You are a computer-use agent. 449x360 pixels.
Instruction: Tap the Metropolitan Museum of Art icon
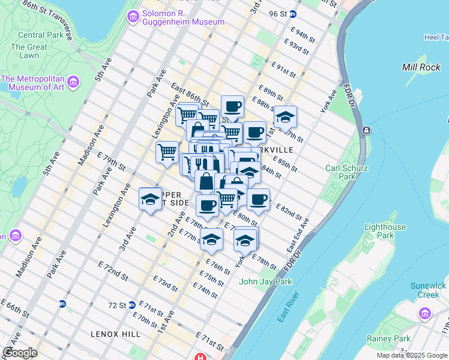coord(73,81)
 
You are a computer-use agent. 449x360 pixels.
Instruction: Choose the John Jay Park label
coord(265,281)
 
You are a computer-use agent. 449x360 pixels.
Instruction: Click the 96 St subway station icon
coord(292,14)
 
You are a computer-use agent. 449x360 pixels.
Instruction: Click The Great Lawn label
coord(28,52)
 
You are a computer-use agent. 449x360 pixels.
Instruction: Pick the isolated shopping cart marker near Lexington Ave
coord(166,151)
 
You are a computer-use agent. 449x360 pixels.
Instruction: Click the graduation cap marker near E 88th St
coord(285,116)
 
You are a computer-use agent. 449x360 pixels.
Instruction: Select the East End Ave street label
coord(297,235)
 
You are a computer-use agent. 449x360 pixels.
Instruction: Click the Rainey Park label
coord(388,338)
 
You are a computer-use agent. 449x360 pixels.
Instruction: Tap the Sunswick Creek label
coord(425,290)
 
